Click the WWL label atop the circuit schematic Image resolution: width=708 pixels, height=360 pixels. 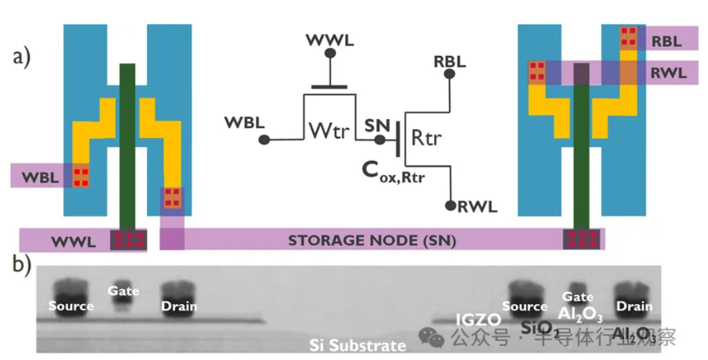tap(330, 40)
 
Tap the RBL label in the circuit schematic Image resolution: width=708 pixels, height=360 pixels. tap(450, 61)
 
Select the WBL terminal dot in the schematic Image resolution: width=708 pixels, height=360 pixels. tap(264, 140)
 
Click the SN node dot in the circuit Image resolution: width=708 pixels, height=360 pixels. tap(379, 140)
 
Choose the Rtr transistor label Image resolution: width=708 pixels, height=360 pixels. tap(426, 138)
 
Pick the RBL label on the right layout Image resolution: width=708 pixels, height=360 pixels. tap(666, 41)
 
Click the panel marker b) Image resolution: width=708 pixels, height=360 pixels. tap(22, 263)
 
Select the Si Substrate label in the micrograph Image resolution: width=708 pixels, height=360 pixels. tap(358, 345)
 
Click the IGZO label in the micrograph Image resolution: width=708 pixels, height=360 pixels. tap(478, 320)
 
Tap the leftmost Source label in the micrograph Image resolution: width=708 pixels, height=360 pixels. tap(71, 306)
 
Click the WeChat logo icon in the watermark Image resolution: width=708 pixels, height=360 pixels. tap(432, 338)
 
